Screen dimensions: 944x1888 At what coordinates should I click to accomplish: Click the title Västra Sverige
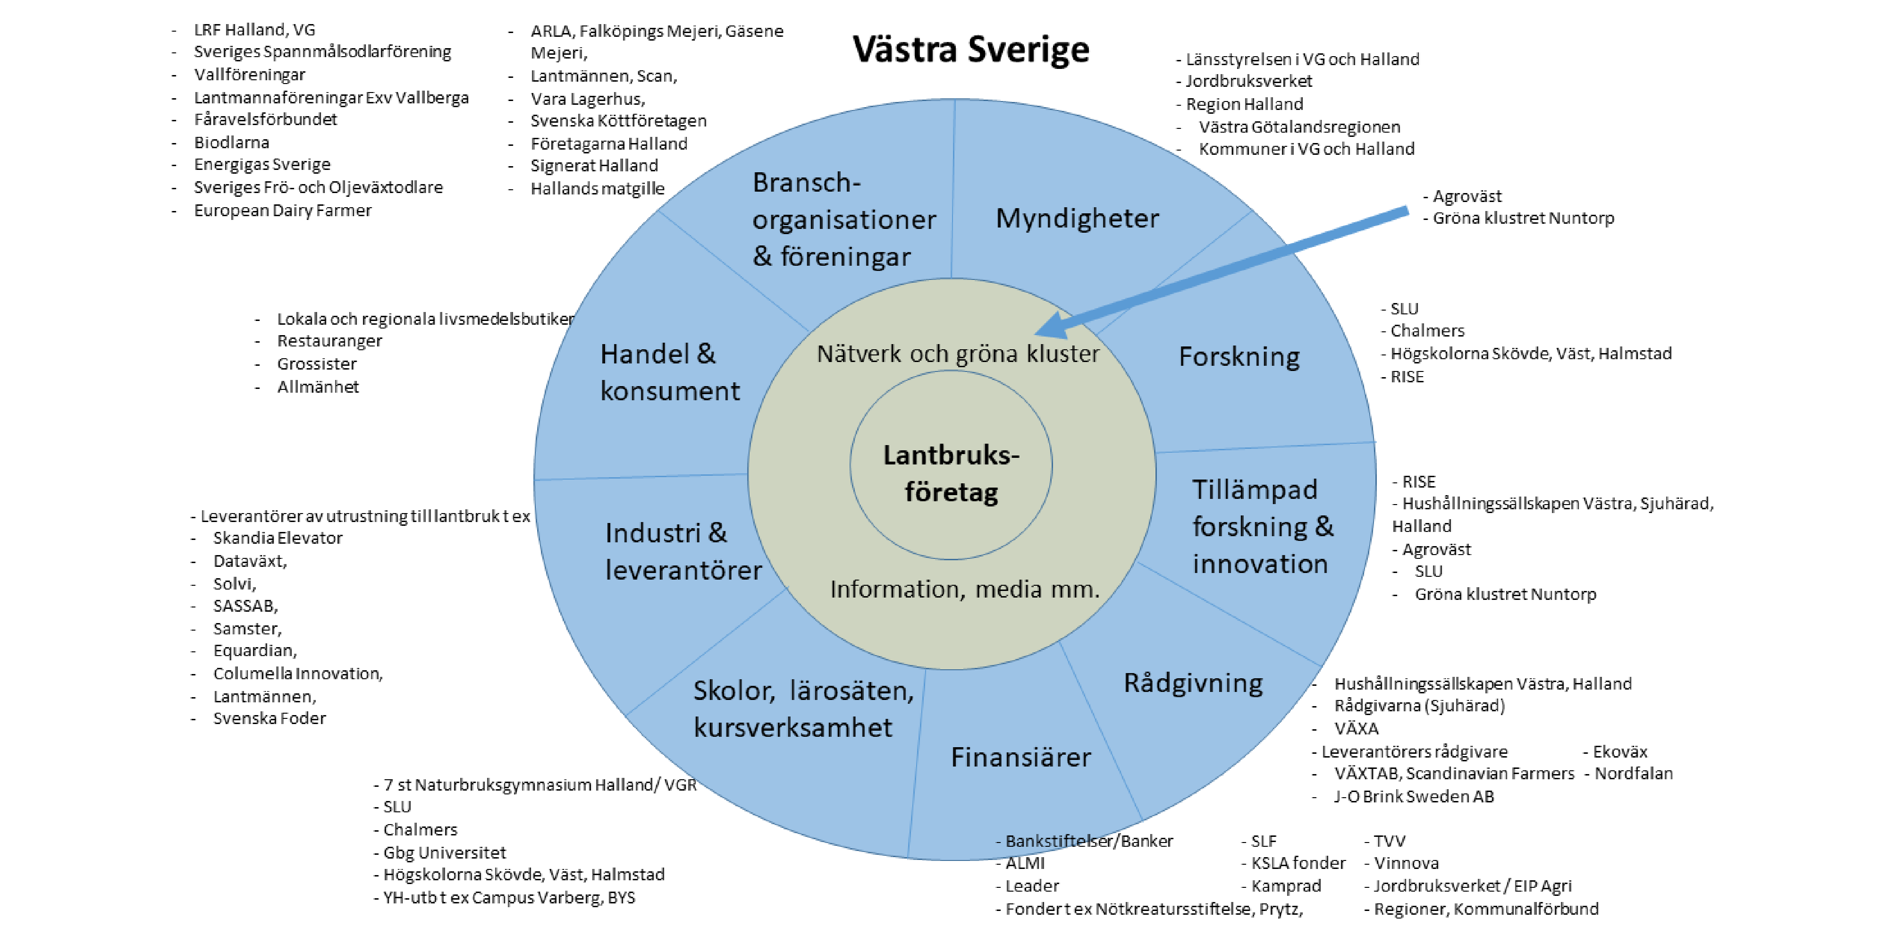[x=970, y=50]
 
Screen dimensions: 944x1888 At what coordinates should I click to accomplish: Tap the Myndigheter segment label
[x=1077, y=219]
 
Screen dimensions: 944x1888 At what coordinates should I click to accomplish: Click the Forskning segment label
[x=1239, y=357]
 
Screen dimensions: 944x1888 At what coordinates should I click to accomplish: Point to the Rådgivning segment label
[x=1193, y=683]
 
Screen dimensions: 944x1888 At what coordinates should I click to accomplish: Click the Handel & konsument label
[x=669, y=372]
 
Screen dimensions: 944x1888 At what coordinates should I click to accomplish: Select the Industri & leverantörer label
[x=683, y=552]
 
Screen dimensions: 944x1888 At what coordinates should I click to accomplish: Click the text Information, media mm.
[x=964, y=589]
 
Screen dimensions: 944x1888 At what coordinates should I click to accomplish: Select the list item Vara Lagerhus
[x=587, y=99]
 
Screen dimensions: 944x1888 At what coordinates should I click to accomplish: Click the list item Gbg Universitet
[x=444, y=852]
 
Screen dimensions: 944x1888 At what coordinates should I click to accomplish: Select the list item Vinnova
[x=1406, y=863]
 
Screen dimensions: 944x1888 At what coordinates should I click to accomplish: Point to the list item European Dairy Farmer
[x=282, y=211]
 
